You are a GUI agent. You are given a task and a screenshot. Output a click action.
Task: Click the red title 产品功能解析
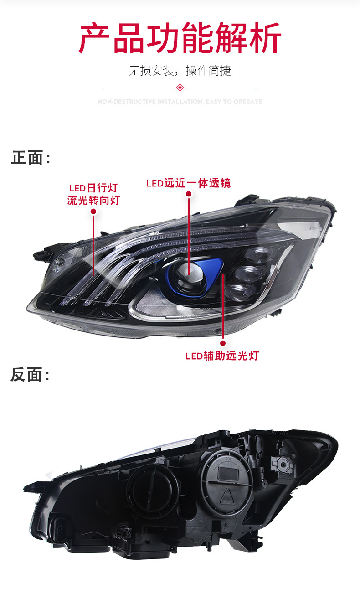(180, 38)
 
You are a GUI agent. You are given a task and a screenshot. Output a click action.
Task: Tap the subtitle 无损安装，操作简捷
(180, 71)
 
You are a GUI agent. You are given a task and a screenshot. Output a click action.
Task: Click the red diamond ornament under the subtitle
(180, 87)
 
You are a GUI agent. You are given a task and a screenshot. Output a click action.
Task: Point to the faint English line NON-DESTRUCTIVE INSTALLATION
(180, 102)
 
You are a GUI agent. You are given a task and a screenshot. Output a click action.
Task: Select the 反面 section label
(30, 375)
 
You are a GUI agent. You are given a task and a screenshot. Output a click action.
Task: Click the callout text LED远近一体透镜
(188, 183)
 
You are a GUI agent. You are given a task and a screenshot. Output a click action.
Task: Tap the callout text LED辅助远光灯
(222, 356)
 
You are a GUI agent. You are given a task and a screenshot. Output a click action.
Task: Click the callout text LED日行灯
(93, 188)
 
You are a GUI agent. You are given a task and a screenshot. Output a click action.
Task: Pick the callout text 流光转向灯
(93, 200)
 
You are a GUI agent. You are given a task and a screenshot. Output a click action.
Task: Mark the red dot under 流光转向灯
(93, 212)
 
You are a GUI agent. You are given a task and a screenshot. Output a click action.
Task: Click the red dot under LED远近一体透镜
(189, 194)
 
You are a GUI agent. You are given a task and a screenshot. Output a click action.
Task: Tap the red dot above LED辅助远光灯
(223, 343)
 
